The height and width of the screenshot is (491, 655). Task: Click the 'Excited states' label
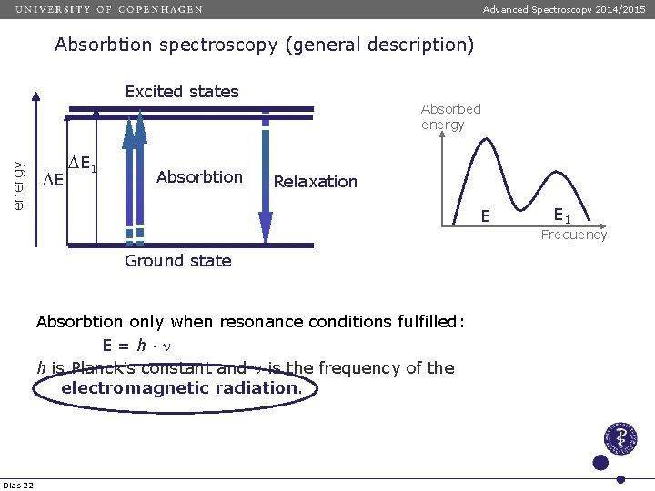click(x=182, y=92)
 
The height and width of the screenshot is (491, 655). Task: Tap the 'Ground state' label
click(x=178, y=261)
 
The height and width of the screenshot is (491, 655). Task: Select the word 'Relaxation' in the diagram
click(x=316, y=182)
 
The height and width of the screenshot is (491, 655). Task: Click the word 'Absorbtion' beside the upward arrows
click(x=199, y=176)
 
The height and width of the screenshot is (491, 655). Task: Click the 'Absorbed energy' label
click(x=450, y=116)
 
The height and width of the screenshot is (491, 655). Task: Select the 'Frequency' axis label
click(x=573, y=235)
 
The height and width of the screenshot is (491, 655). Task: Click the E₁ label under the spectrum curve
click(x=561, y=215)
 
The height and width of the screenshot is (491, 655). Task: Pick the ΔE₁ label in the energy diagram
click(x=83, y=165)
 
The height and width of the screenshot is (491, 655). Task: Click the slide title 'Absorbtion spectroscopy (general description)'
click(x=264, y=45)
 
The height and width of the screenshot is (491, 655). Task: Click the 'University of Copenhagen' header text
click(x=109, y=9)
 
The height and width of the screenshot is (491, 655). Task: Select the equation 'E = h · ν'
click(x=137, y=346)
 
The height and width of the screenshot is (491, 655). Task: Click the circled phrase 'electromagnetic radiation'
click(x=180, y=388)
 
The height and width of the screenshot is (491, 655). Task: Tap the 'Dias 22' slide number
click(x=18, y=485)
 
